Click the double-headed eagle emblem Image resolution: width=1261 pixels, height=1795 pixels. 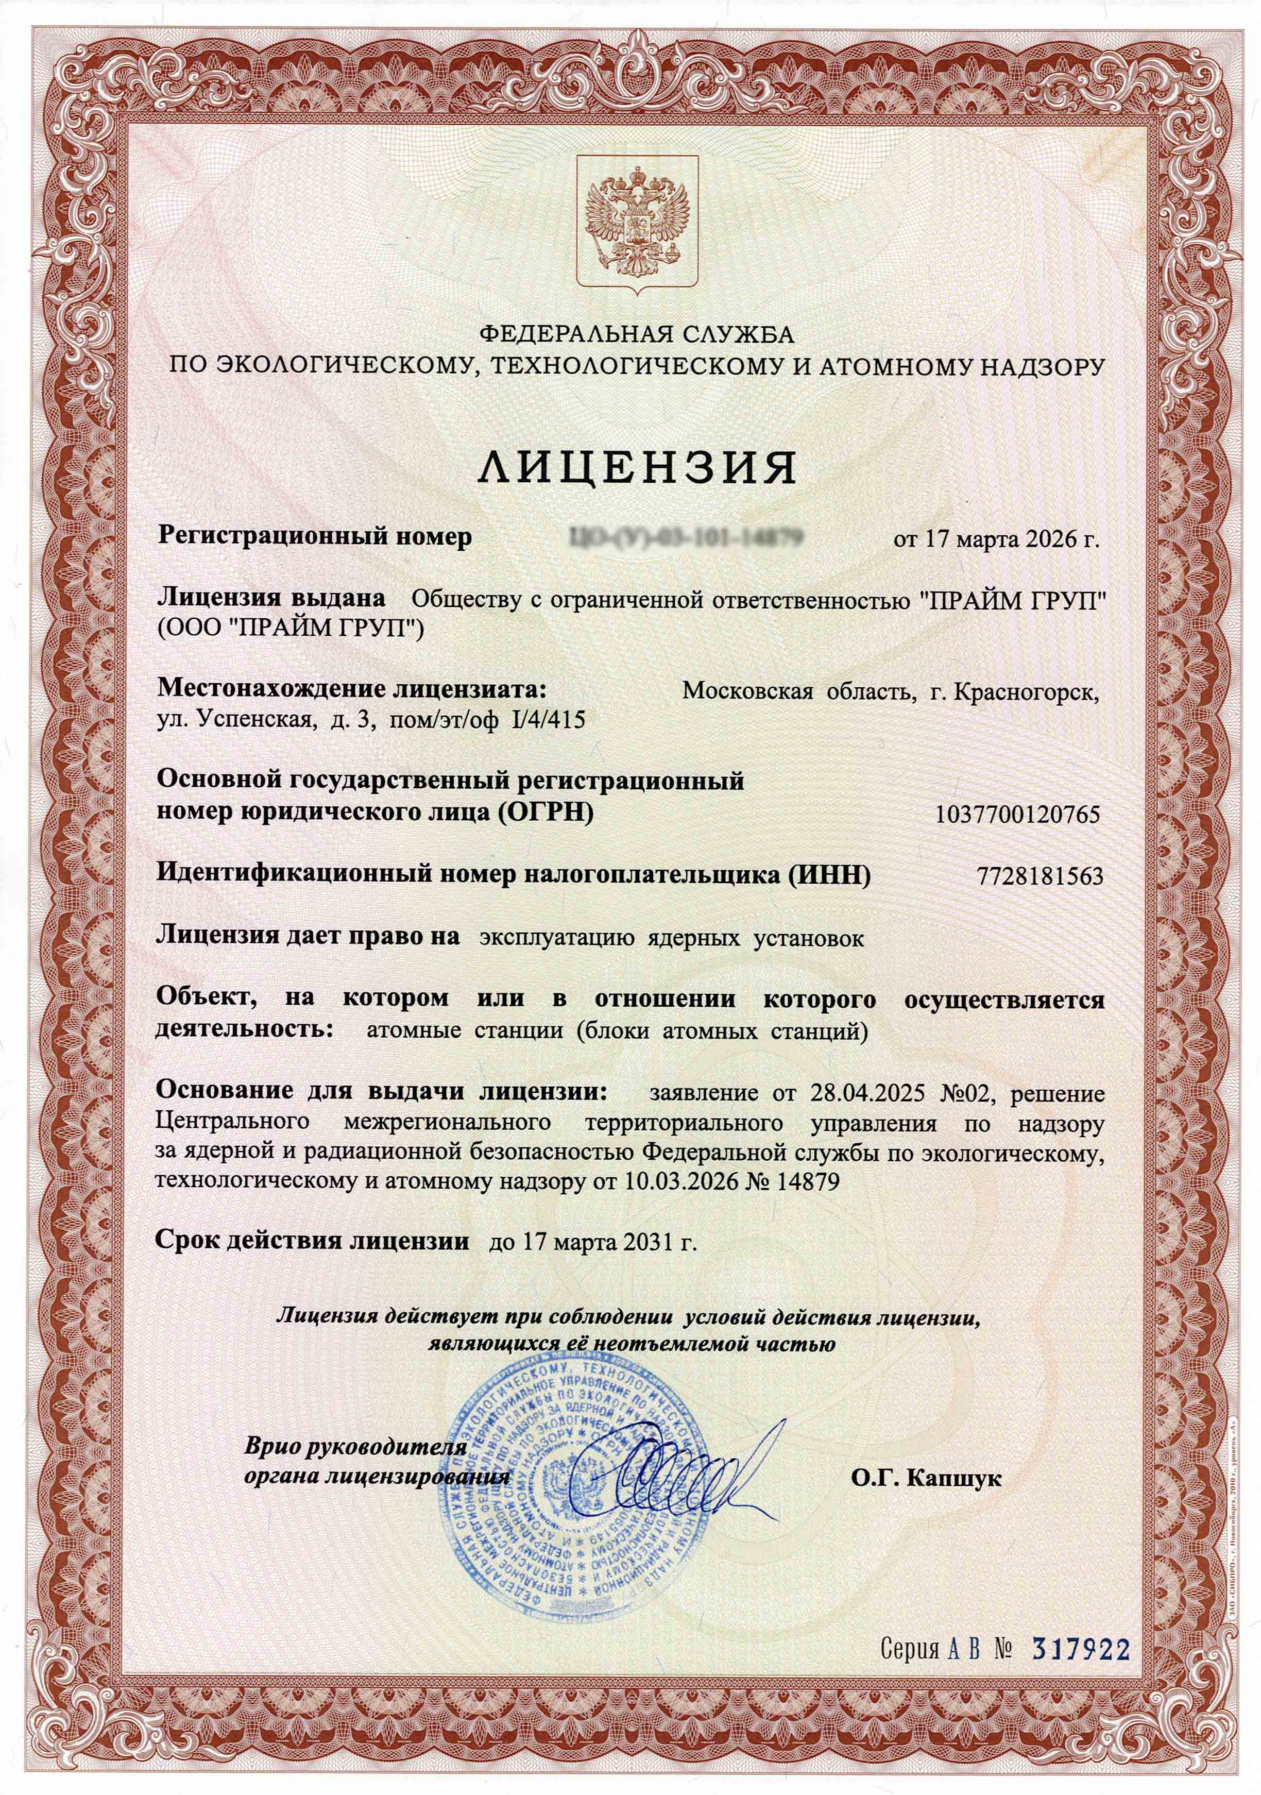(x=637, y=223)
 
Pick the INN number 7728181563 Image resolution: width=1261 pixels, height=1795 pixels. (x=1040, y=876)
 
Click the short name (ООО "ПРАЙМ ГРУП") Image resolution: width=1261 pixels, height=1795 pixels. (x=290, y=628)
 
